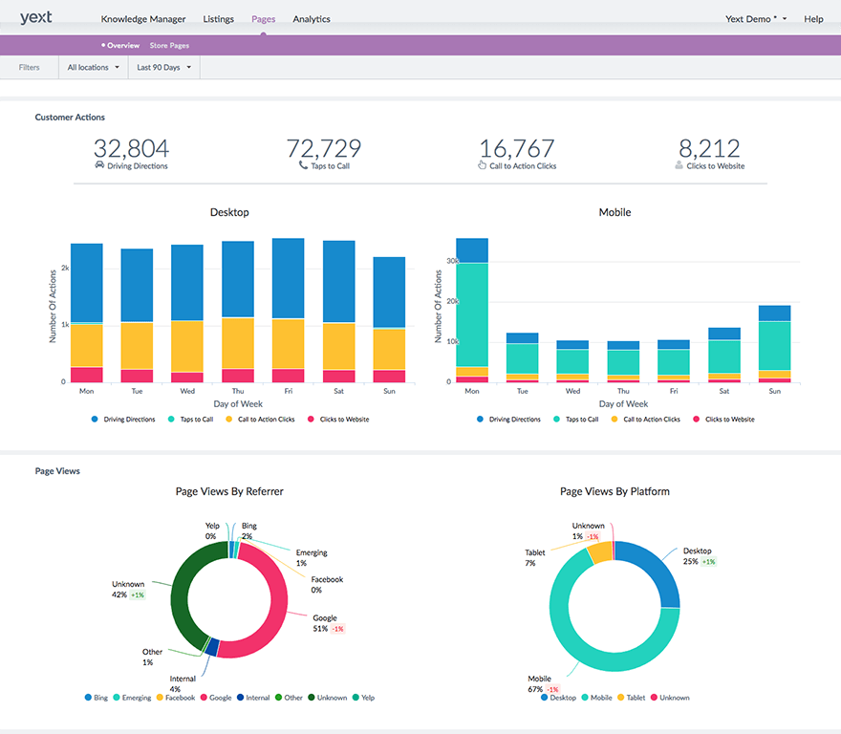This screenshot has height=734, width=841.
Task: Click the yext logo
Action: click(35, 17)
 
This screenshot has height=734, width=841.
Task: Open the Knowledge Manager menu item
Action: click(143, 19)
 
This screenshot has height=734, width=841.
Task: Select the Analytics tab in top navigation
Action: click(312, 19)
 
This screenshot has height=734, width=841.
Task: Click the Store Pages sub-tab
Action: click(169, 46)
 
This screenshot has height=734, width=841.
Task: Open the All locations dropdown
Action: click(93, 68)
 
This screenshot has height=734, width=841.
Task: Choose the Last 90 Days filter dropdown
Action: click(163, 68)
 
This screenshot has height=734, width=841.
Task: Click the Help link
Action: click(813, 19)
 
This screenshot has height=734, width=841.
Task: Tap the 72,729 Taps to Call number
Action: click(324, 148)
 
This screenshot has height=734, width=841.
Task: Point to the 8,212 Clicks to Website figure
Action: click(709, 148)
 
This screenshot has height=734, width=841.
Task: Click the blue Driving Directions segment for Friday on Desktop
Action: click(288, 277)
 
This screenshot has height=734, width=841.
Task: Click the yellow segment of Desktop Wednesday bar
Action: click(186, 346)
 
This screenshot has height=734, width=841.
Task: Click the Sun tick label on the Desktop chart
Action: click(389, 391)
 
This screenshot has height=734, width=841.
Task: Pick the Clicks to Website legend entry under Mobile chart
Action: click(729, 420)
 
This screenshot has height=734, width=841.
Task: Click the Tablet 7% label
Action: click(534, 557)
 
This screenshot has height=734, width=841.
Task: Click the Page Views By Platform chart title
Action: click(615, 491)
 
